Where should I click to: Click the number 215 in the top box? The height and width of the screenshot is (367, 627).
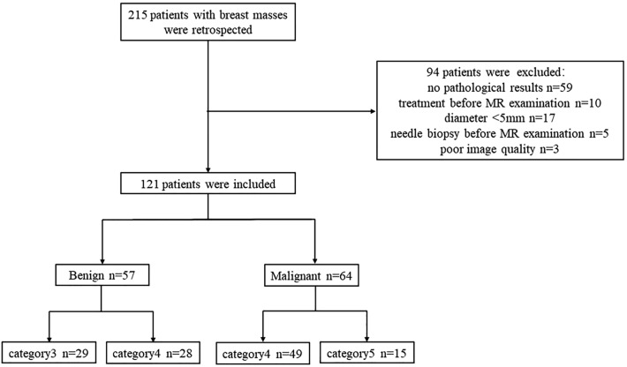coord(138,15)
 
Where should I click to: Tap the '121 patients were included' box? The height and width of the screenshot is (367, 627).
coord(208,183)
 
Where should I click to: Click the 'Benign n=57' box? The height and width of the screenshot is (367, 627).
coord(102,274)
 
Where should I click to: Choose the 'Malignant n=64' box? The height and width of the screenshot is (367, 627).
coord(311,275)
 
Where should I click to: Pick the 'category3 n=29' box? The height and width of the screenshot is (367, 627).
coord(49,353)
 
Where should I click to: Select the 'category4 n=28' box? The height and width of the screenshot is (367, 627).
coord(153,353)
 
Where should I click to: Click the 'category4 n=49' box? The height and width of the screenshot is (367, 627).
coord(262,354)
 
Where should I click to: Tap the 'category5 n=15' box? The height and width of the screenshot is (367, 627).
coord(366,353)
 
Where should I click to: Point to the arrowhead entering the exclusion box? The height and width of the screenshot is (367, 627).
coord(374,111)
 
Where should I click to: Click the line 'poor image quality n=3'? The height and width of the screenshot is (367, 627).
coord(500,149)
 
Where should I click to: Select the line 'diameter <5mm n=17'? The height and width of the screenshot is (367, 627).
coord(500,118)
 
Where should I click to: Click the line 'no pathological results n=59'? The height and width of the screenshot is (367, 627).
coord(500,87)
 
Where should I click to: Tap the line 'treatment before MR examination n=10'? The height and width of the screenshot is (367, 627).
coord(500,103)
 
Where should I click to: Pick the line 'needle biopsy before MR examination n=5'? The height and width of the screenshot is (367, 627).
coord(500,134)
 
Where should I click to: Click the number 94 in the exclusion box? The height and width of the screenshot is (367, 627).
coord(433,72)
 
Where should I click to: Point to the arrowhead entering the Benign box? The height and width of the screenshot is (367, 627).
coord(102,261)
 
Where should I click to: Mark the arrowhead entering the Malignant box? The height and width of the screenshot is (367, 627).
coord(315,261)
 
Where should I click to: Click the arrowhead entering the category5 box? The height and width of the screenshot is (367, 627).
coord(366,339)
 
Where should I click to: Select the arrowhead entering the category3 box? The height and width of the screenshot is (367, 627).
coord(49,339)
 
